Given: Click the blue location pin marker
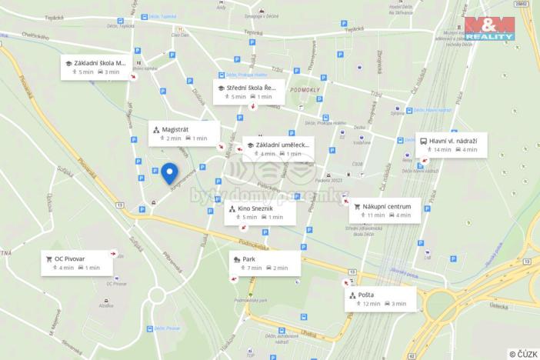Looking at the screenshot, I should pyautogui.click(x=169, y=174).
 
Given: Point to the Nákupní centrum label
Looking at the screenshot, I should pyautogui.click(x=387, y=207).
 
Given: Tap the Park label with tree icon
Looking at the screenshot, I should pyautogui.click(x=248, y=259).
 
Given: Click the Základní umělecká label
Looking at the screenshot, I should pyautogui.click(x=282, y=145).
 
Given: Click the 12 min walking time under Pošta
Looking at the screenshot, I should pyautogui.click(x=371, y=305).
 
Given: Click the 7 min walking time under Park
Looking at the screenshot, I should pyautogui.click(x=254, y=268).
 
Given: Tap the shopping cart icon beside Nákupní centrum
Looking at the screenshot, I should pyautogui.click(x=357, y=207).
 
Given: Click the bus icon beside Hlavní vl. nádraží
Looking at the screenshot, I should pyautogui.click(x=424, y=141).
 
